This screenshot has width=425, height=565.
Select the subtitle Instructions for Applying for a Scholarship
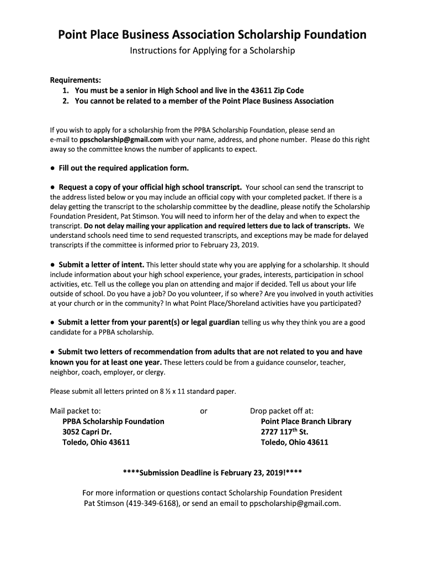pos(212,51)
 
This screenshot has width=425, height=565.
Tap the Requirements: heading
pos(75,79)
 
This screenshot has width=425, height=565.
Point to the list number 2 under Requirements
pos(65,101)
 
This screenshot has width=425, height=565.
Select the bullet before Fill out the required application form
pos(52,168)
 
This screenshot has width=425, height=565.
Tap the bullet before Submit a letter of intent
pos(52,264)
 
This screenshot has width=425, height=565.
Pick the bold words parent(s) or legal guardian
pos(196,322)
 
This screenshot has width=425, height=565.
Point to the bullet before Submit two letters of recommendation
pos(52,351)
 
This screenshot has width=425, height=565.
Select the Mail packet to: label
pos(75,411)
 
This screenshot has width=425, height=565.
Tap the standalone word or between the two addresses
pos(204,411)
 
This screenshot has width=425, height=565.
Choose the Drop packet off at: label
pos(281,411)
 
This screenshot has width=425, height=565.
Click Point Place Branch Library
pos(306,421)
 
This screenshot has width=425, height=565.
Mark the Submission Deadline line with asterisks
pos(212,473)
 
